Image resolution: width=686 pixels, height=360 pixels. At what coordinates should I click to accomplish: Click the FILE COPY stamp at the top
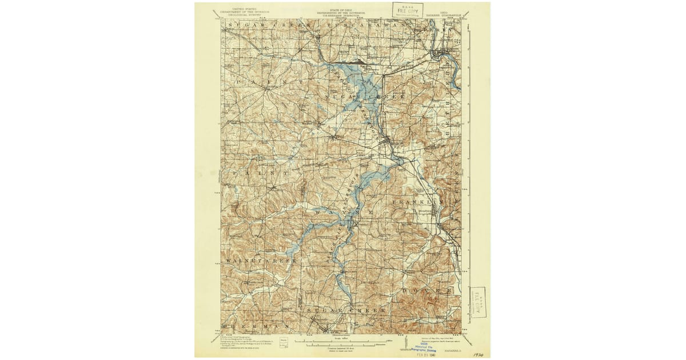point(407,10)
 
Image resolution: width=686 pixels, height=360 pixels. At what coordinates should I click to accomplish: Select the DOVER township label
point(429,291)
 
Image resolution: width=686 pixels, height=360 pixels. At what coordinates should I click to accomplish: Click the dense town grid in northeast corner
point(440,55)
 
